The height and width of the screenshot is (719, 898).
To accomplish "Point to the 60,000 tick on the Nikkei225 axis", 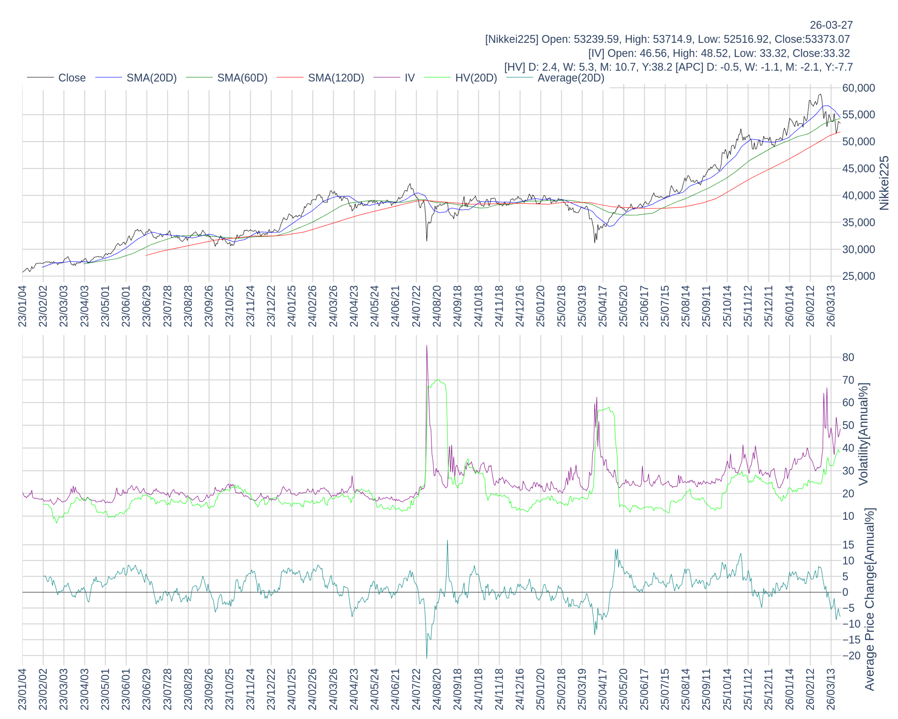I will pyautogui.click(x=858, y=88).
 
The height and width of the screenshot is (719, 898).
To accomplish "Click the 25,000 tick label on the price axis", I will pyautogui.click(x=858, y=276).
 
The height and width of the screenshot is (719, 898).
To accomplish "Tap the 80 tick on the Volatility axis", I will pyautogui.click(x=848, y=357).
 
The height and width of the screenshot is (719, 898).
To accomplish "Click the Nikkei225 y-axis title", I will pyautogui.click(x=884, y=183).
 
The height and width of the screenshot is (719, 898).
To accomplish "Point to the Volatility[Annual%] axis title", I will pyautogui.click(x=863, y=434).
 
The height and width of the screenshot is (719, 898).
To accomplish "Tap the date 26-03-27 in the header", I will pyautogui.click(x=831, y=25).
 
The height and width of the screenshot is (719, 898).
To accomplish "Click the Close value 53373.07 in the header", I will pyautogui.click(x=827, y=39).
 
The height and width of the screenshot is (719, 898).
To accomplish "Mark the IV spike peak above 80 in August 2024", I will pyautogui.click(x=427, y=346).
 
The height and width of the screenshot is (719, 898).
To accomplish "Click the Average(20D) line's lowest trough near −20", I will pyautogui.click(x=427, y=657).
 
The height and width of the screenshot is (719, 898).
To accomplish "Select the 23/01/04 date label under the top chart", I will pyautogui.click(x=22, y=306).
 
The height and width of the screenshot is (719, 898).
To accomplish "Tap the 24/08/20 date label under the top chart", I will pyautogui.click(x=436, y=306).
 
